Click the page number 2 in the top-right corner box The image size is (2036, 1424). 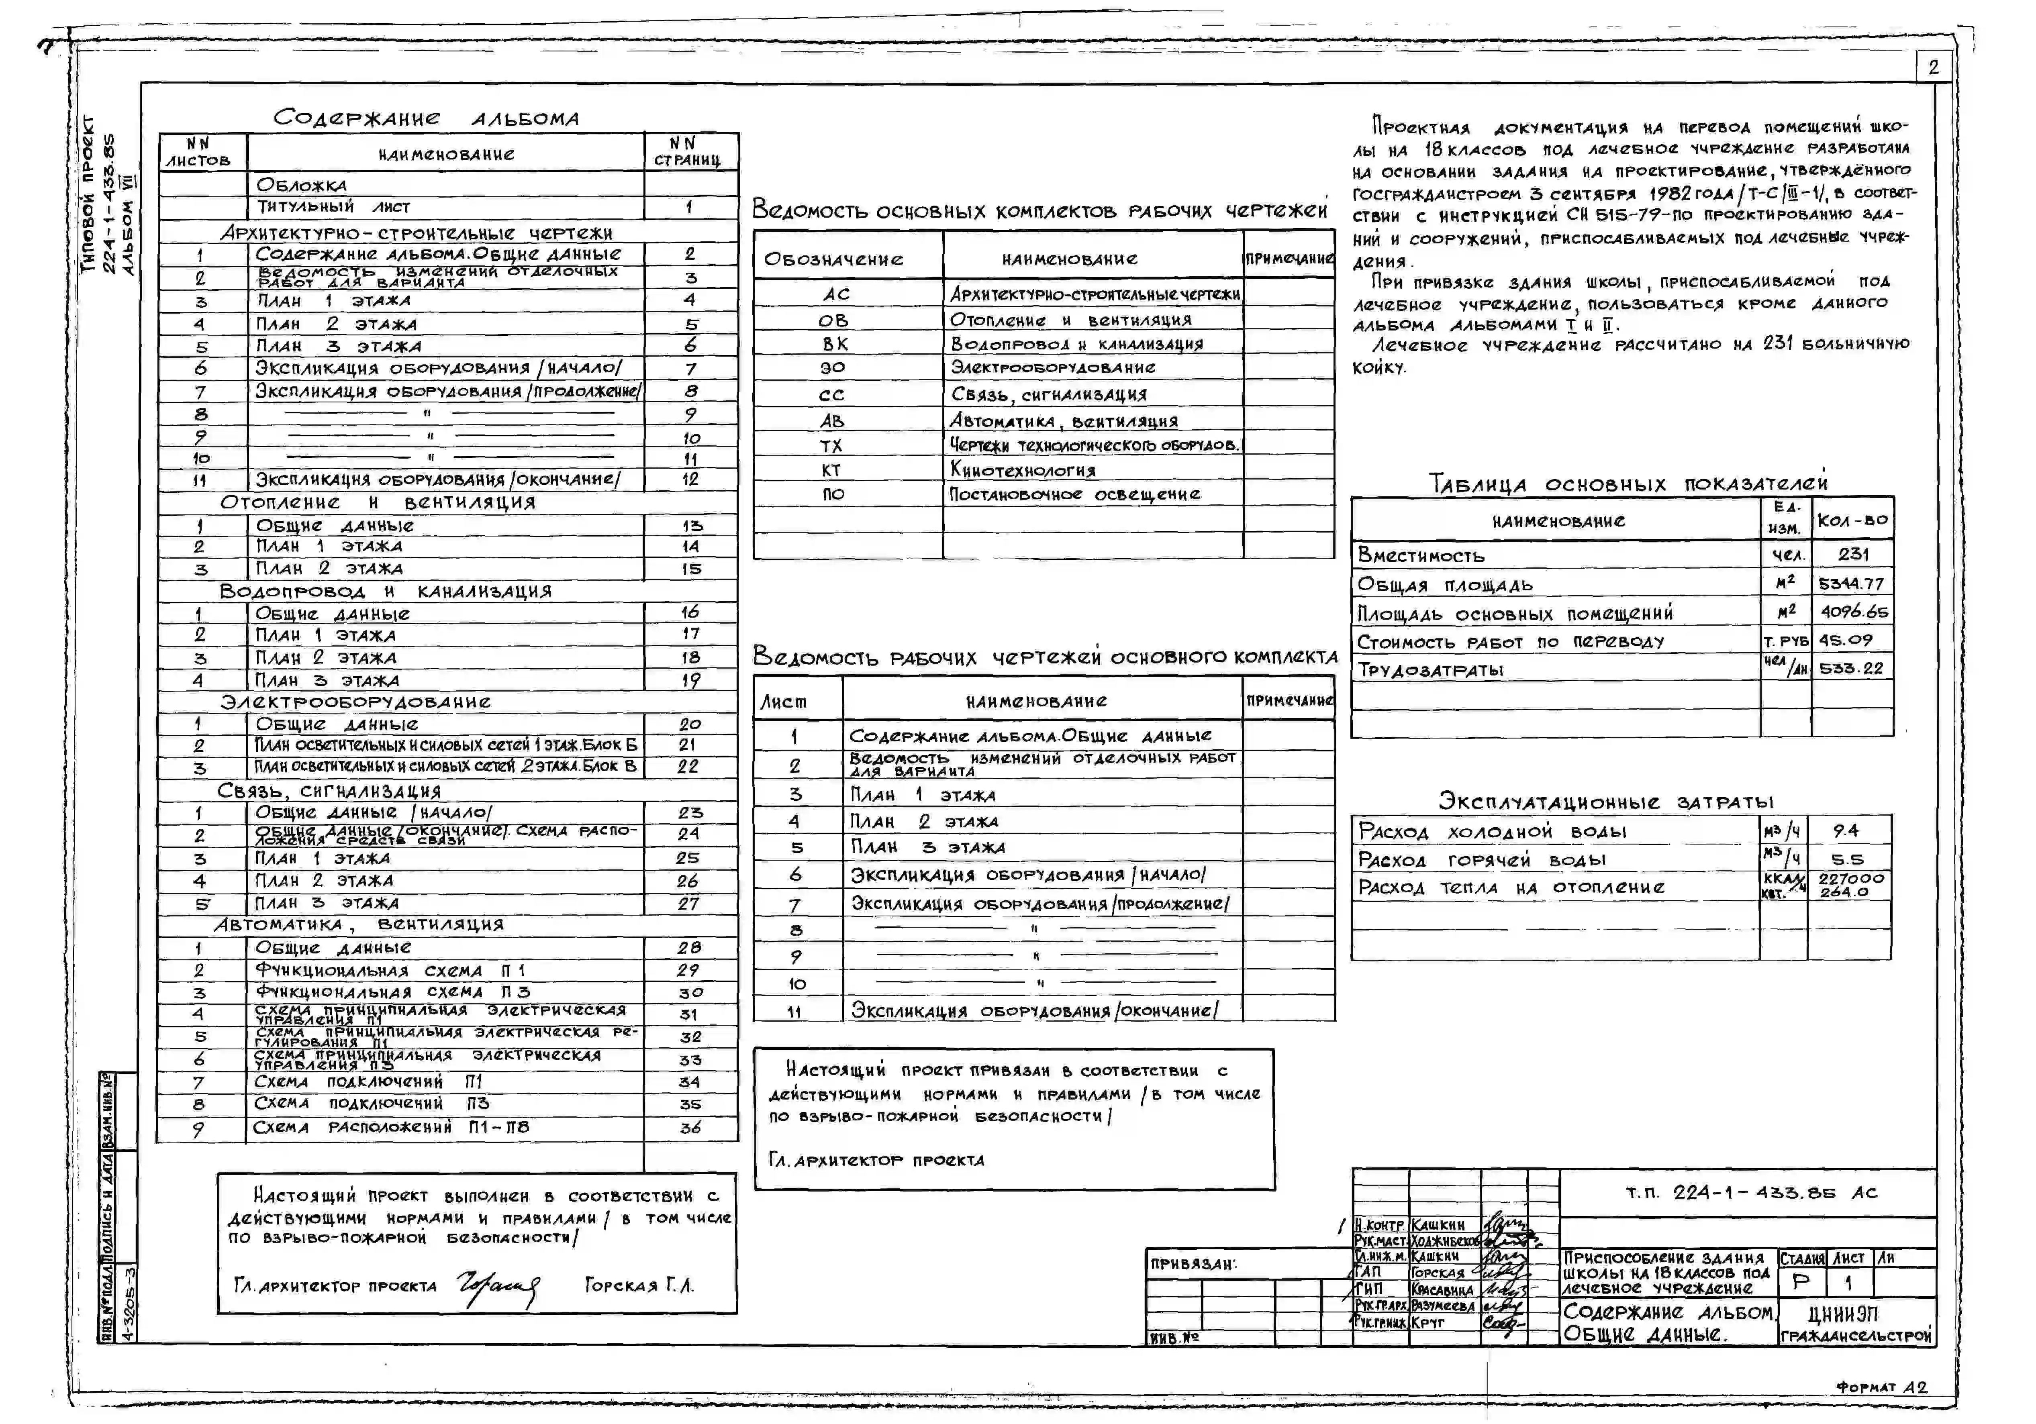pyautogui.click(x=1933, y=67)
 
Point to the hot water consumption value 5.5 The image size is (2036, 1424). pyautogui.click(x=1847, y=859)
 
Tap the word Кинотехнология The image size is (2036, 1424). pyautogui.click(x=1023, y=470)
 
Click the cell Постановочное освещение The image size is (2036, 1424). pyautogui.click(x=1075, y=494)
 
